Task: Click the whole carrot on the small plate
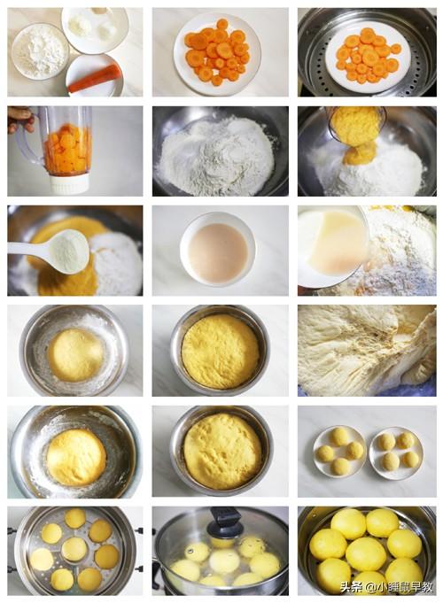95,79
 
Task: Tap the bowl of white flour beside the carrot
40,51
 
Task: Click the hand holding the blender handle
20,119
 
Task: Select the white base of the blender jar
70,184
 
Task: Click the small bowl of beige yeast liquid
217,249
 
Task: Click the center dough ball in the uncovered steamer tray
74,549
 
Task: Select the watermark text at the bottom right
387,587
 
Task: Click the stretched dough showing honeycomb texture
367,351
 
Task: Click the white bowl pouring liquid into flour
332,246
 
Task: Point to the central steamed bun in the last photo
365,553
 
